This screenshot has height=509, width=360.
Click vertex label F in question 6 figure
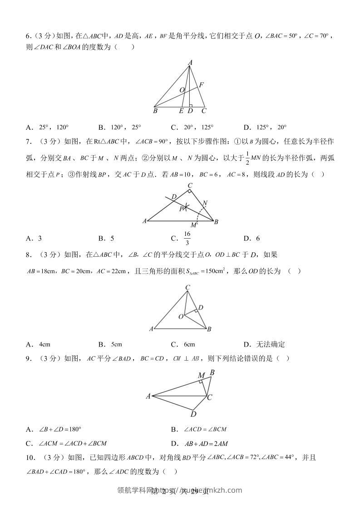tap(201, 85)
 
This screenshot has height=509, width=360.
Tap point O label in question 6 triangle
tap(182, 90)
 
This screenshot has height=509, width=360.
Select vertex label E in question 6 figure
tap(182, 110)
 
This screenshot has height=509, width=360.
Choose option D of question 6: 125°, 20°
tap(265, 127)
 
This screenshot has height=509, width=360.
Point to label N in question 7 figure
tap(205, 203)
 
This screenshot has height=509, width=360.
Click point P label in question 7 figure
tap(181, 208)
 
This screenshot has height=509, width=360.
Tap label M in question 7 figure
tap(193, 225)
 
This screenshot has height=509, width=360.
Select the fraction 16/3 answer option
tap(187, 238)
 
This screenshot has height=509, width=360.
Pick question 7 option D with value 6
tap(252, 238)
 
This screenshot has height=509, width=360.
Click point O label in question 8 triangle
tap(181, 316)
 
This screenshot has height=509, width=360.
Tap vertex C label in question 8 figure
tap(187, 287)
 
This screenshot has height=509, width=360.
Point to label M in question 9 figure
tap(201, 375)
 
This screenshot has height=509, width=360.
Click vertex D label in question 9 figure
tap(193, 414)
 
